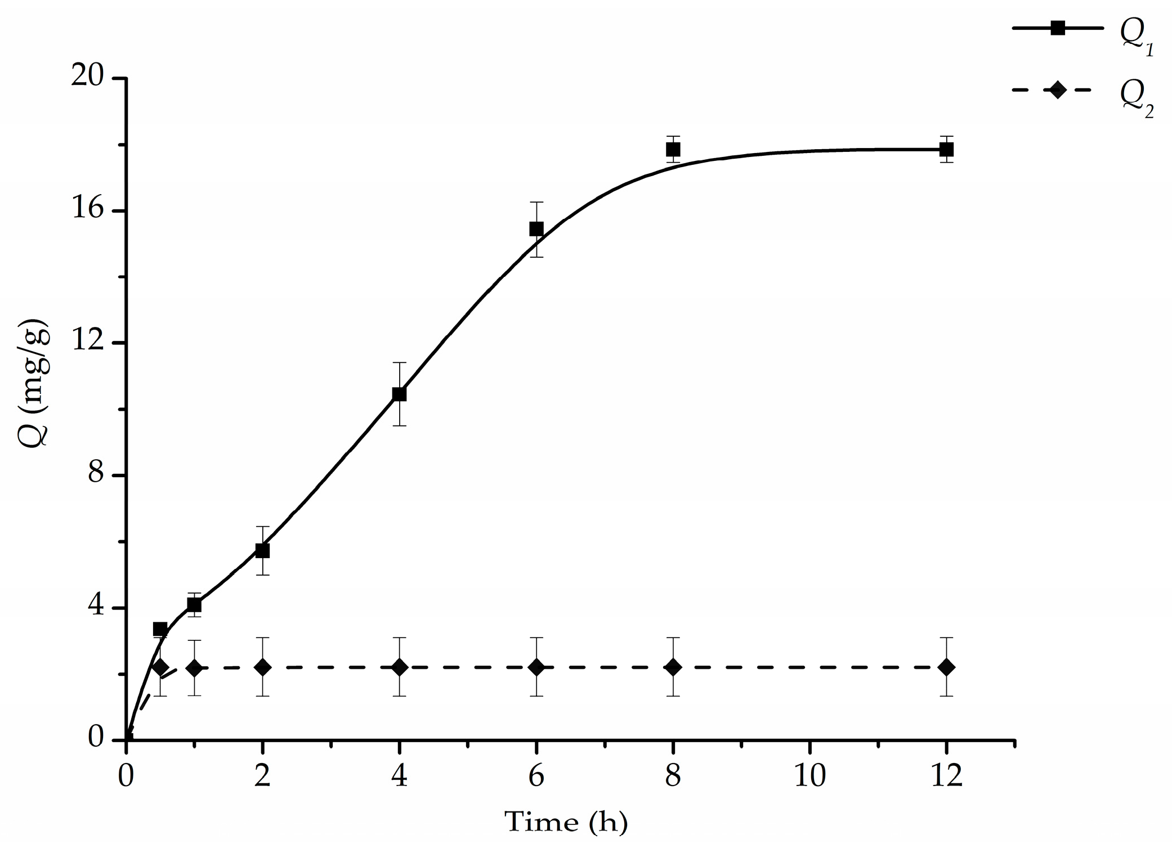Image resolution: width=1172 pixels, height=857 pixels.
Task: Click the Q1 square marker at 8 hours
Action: pos(673,150)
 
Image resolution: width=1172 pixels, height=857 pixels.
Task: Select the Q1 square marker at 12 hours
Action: pos(946,150)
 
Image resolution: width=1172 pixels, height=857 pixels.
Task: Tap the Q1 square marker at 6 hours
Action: pos(536,229)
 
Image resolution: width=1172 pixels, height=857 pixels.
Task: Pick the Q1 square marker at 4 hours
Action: pos(399,394)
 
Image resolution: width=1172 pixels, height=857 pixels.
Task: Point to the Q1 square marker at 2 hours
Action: pos(262,551)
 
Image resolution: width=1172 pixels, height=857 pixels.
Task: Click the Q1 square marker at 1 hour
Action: pos(194,605)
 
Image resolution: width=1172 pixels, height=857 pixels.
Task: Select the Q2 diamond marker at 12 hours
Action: pos(946,667)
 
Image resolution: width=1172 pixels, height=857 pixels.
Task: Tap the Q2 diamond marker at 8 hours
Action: pos(673,667)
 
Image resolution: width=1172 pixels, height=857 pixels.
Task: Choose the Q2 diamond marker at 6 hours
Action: pos(536,667)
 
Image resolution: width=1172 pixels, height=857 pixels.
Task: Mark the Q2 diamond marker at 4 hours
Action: pos(399,667)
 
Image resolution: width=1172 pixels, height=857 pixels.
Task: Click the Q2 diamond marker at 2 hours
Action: pos(262,667)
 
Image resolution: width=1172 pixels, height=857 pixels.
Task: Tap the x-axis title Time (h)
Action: pos(566,822)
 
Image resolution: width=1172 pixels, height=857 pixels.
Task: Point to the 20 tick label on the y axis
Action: pos(89,77)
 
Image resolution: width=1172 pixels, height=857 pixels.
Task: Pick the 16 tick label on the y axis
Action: pos(89,210)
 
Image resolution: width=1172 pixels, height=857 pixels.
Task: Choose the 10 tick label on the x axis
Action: pos(809,777)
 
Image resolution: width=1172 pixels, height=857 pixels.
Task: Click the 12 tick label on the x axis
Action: pos(946,777)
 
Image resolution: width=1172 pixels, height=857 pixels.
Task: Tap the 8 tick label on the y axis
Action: pos(97,475)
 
